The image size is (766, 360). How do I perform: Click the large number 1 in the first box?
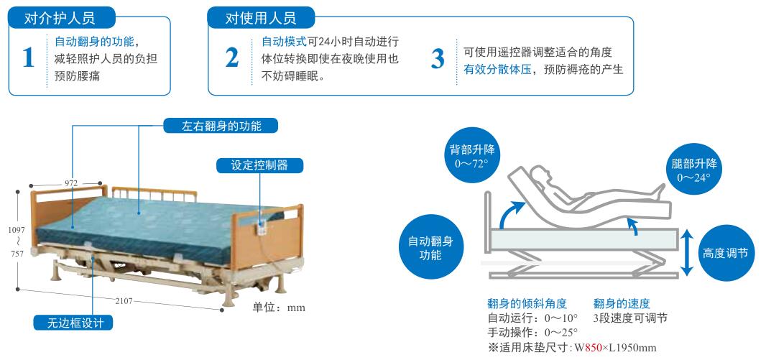pyautogui.click(x=28, y=57)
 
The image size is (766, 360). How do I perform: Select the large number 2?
pyautogui.click(x=231, y=57)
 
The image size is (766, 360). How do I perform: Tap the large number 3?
pyautogui.click(x=437, y=59)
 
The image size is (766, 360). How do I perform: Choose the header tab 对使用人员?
pyautogui.click(x=259, y=18)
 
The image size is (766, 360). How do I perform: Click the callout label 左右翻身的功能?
pyautogui.click(x=221, y=126)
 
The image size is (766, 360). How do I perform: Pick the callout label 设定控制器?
pyautogui.click(x=259, y=165)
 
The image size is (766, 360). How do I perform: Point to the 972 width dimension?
pyautogui.click(x=71, y=183)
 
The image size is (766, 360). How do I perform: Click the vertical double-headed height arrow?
pyautogui.click(x=687, y=252)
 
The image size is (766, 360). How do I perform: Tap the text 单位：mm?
pyautogui.click(x=279, y=308)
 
